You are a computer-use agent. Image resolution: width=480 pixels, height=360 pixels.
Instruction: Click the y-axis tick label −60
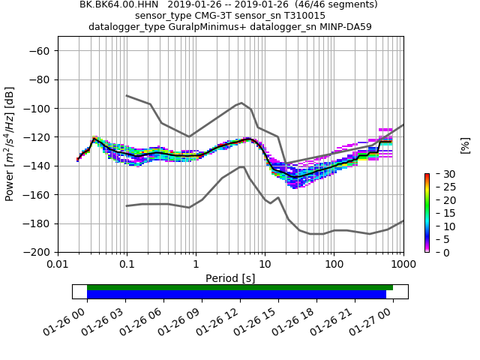[42, 51]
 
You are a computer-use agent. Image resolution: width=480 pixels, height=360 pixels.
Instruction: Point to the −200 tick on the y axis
[40, 252]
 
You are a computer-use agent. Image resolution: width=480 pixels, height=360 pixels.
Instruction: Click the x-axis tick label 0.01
[58, 265]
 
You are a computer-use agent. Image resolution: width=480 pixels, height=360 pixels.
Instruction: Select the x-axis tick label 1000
[403, 265]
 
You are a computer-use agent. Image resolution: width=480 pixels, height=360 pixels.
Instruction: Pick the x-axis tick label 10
[265, 265]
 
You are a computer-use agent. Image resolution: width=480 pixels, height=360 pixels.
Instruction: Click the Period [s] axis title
[230, 278]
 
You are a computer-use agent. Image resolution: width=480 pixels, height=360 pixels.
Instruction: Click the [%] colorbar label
[465, 145]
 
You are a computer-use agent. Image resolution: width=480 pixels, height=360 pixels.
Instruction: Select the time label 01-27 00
[394, 324]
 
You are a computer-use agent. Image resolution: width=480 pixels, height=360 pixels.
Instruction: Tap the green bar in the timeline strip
[240, 287]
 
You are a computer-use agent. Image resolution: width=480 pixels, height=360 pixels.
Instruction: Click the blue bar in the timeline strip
[236, 295]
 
